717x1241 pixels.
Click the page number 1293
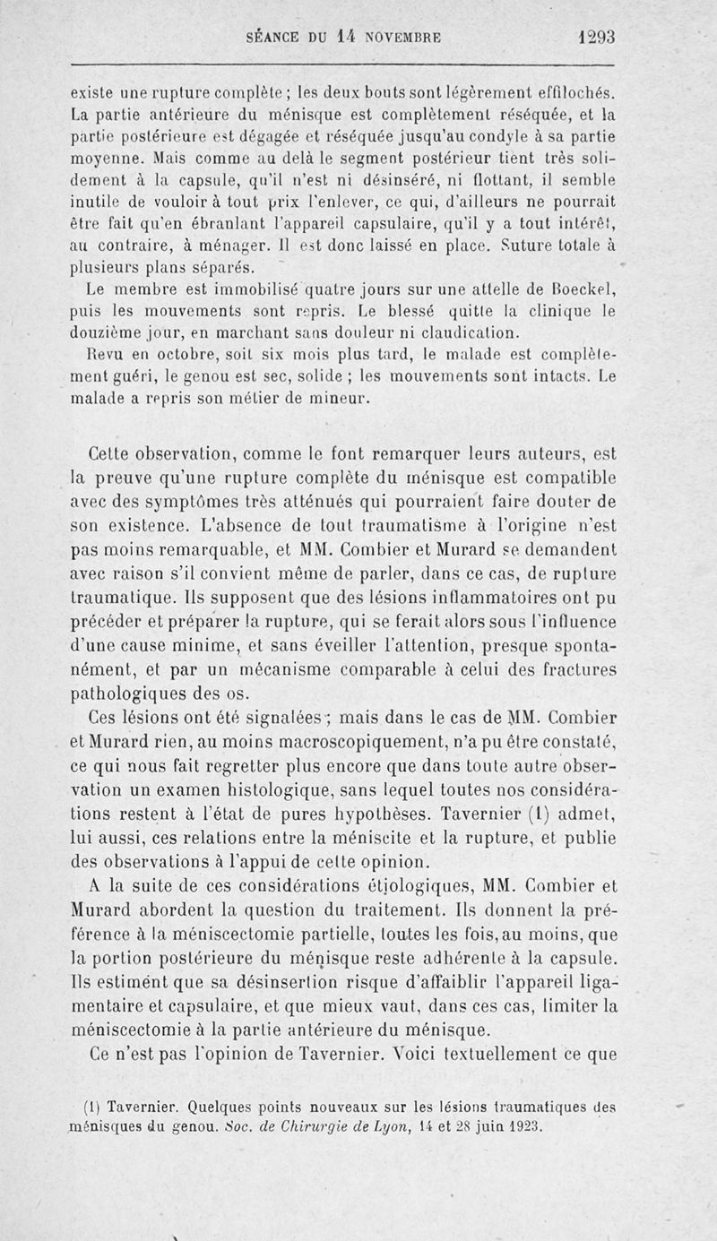596,39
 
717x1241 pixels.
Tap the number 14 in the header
348,39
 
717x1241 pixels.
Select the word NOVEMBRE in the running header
404,39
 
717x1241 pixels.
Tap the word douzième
104,331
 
